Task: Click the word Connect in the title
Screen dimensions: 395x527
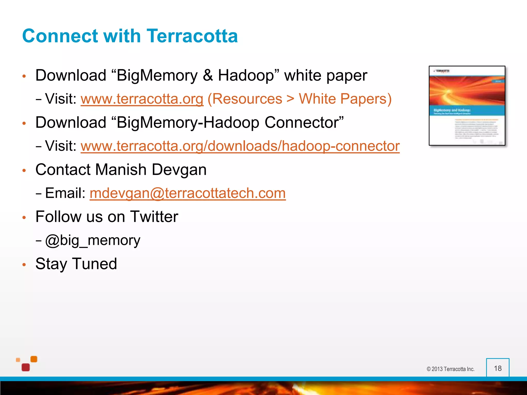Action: click(60, 36)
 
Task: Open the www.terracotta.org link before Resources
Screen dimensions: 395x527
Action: click(142, 99)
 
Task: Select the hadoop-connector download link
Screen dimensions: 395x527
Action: click(240, 146)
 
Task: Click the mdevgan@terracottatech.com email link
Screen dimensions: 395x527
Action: click(188, 193)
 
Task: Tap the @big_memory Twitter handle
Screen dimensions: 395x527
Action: click(93, 240)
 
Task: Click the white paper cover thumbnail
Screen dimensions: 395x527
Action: click(467, 106)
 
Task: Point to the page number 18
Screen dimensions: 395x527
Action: click(498, 368)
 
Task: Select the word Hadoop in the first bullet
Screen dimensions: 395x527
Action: click(249, 76)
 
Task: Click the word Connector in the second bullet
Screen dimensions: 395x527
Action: click(304, 122)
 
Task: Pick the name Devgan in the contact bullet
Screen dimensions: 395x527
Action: click(179, 170)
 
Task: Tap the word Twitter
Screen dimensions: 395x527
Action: click(154, 217)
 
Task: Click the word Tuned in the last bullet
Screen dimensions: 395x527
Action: click(94, 264)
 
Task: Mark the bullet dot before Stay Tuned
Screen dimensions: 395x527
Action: click(24, 265)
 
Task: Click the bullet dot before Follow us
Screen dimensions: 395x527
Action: click(24, 218)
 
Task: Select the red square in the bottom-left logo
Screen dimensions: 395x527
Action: click(26, 367)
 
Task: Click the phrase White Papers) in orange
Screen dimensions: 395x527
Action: click(345, 99)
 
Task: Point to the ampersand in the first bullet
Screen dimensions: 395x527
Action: click(208, 76)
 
